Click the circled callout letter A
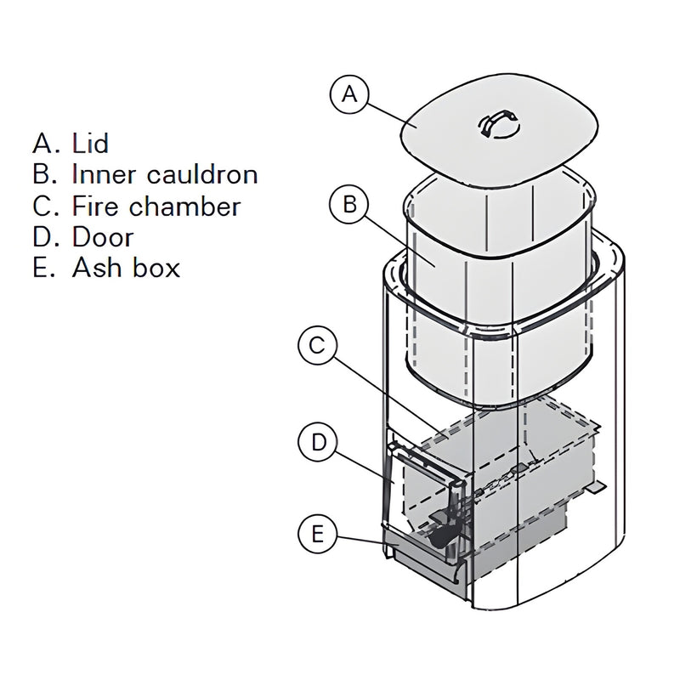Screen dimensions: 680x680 pos(348,94)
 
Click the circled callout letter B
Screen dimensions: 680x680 pos(348,205)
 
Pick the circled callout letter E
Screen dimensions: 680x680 pos(317,534)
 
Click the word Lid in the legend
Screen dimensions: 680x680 pos(90,143)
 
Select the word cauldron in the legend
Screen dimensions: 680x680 pos(202,174)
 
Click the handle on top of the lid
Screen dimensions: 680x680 pos(497,123)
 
